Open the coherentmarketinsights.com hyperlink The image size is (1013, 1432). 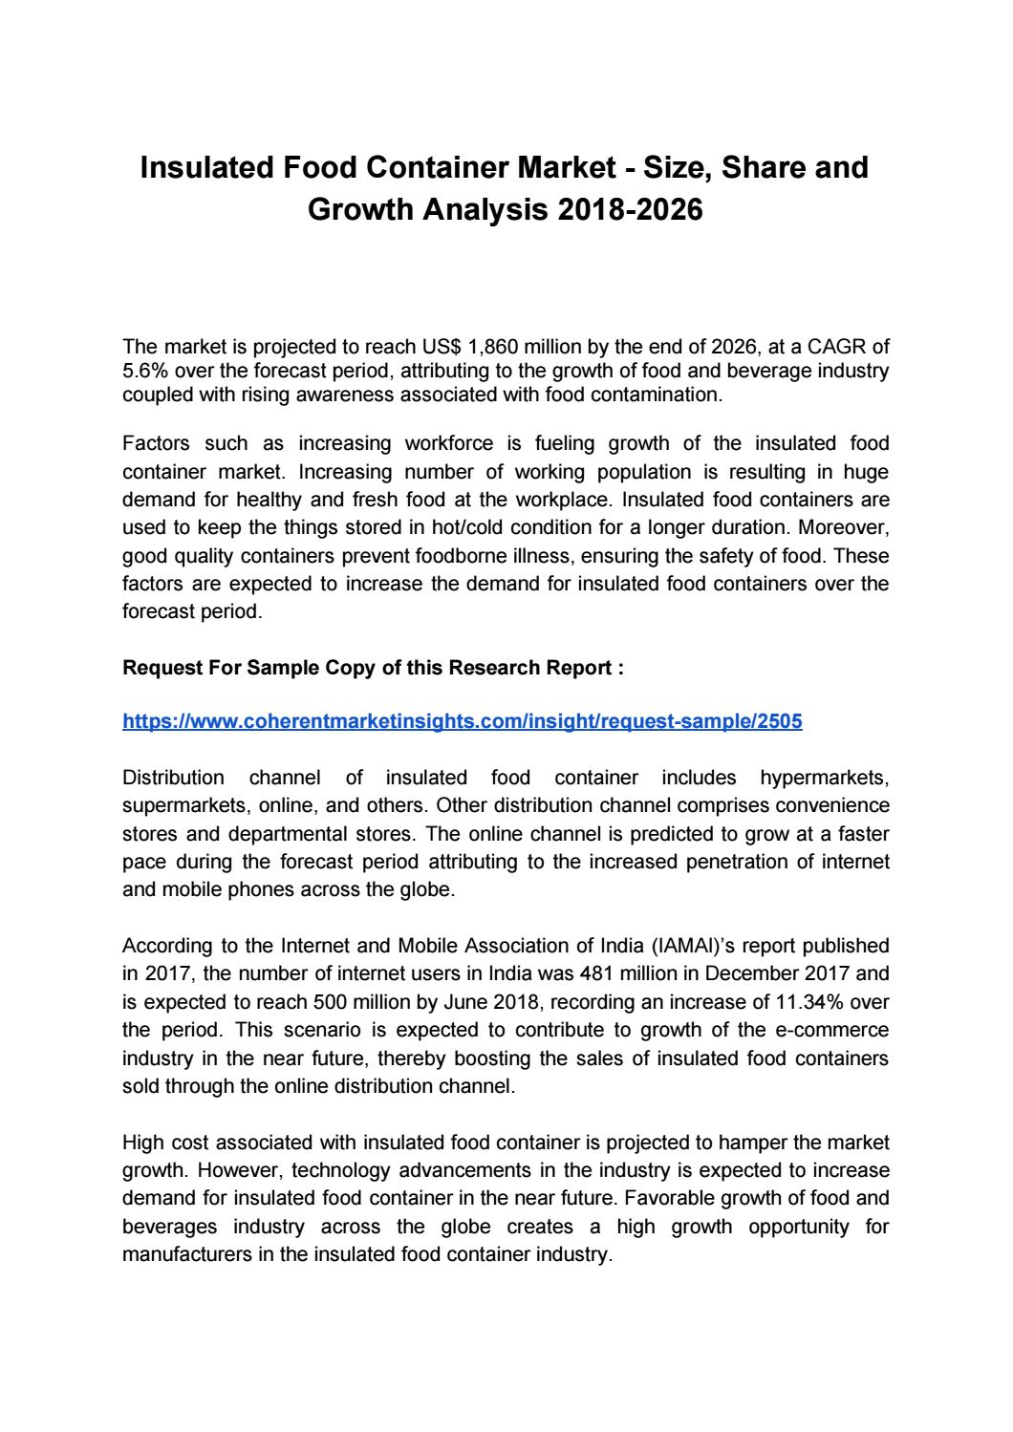[463, 722]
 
